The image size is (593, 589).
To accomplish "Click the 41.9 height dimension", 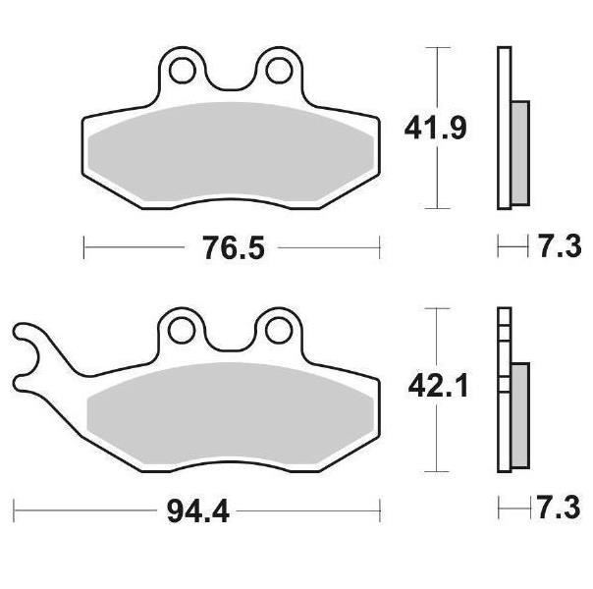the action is click(x=435, y=129).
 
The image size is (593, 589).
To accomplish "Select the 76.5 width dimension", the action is click(x=234, y=248).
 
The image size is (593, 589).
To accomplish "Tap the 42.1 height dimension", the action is click(x=438, y=386).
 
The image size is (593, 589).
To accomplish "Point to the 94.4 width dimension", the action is click(x=198, y=511).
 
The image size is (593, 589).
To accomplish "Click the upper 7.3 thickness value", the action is click(x=560, y=246).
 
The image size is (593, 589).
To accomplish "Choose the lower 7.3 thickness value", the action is click(x=559, y=508).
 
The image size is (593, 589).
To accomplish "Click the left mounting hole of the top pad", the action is click(x=183, y=71).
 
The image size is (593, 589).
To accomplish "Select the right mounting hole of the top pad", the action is click(x=279, y=71).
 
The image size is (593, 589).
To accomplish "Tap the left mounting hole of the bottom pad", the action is click(x=182, y=331).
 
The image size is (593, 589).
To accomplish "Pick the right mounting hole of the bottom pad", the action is click(x=279, y=331).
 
